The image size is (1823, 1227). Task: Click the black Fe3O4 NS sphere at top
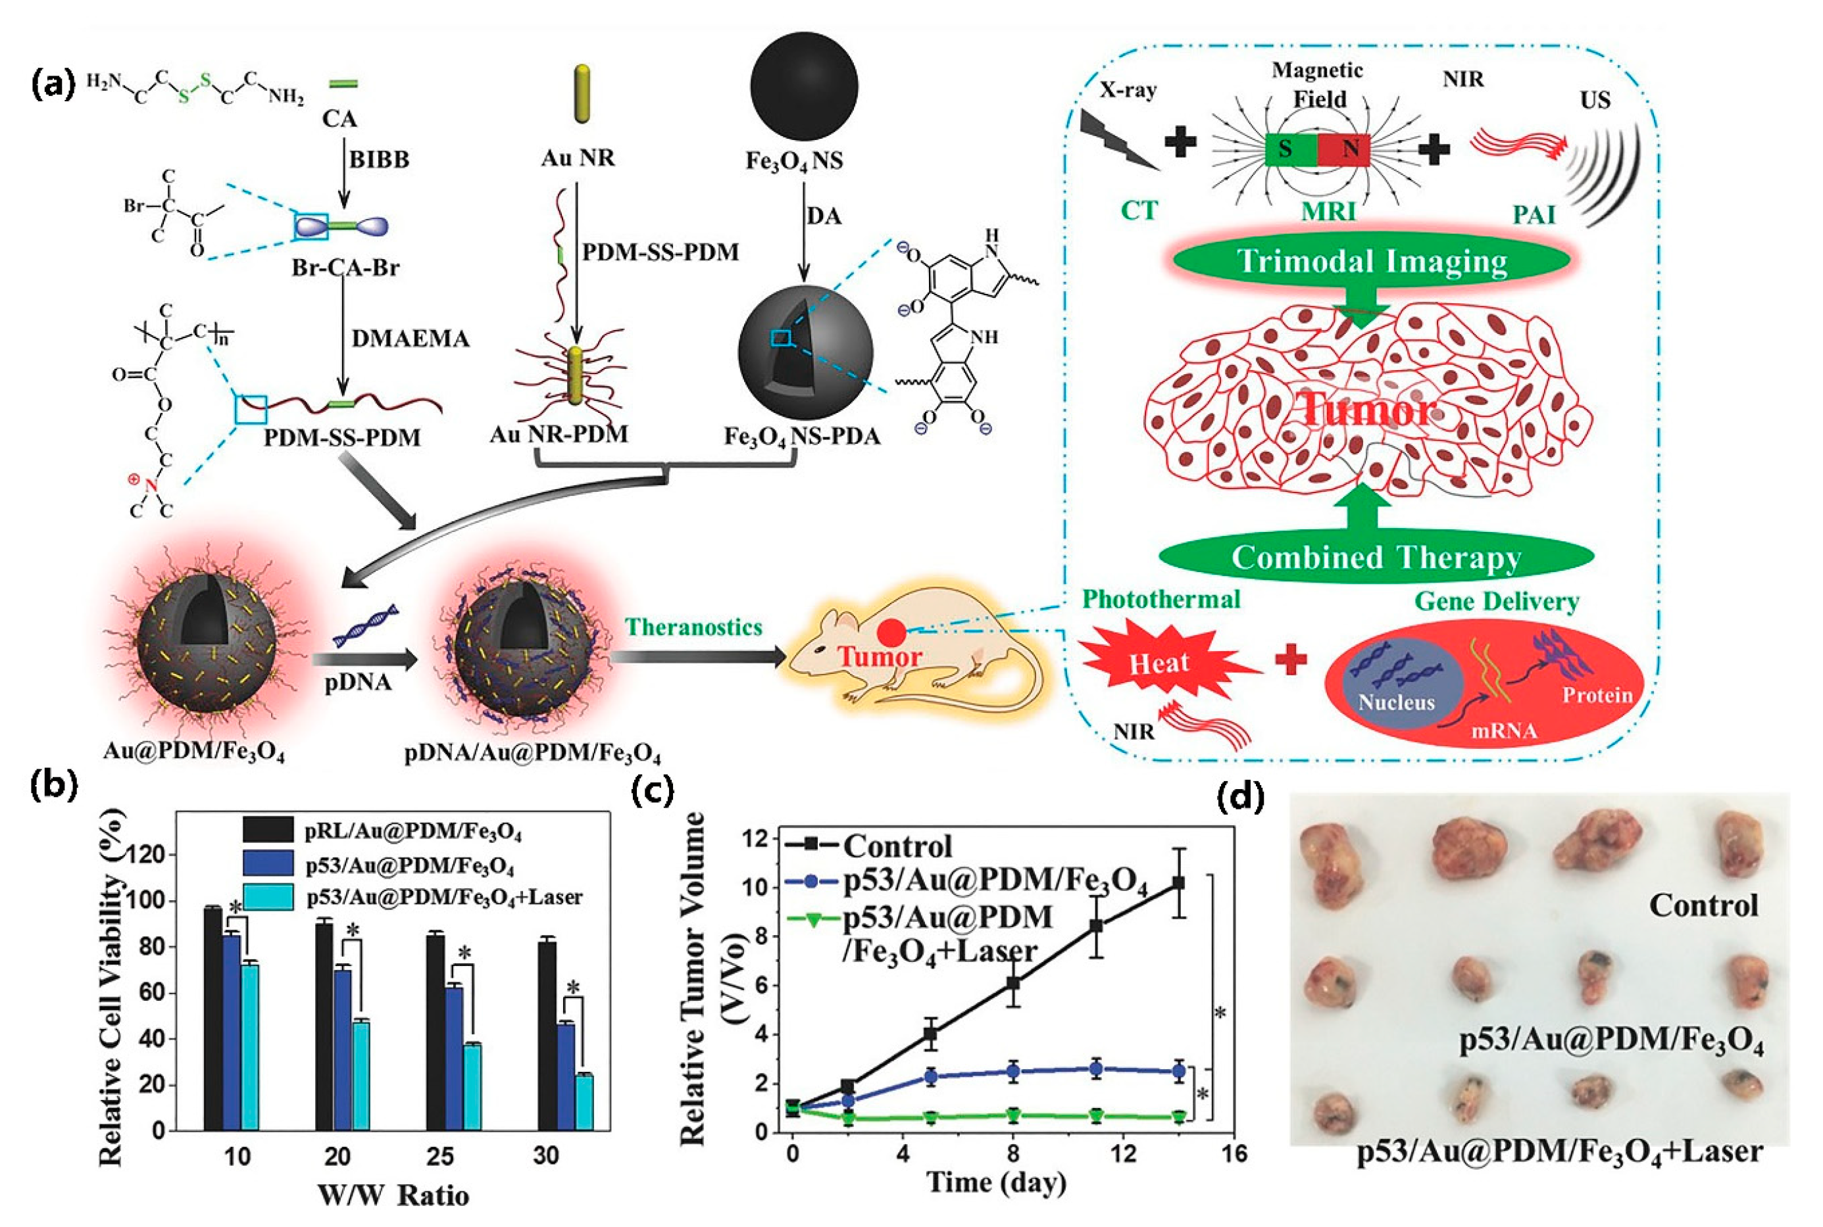(803, 86)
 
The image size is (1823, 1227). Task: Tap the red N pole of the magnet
(1343, 149)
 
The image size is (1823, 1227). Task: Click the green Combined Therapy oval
(1375, 557)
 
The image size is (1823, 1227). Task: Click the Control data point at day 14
(1178, 882)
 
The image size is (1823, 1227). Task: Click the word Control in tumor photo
(1703, 905)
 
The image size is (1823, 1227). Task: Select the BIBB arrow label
(379, 160)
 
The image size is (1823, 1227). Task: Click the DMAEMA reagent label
(410, 339)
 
